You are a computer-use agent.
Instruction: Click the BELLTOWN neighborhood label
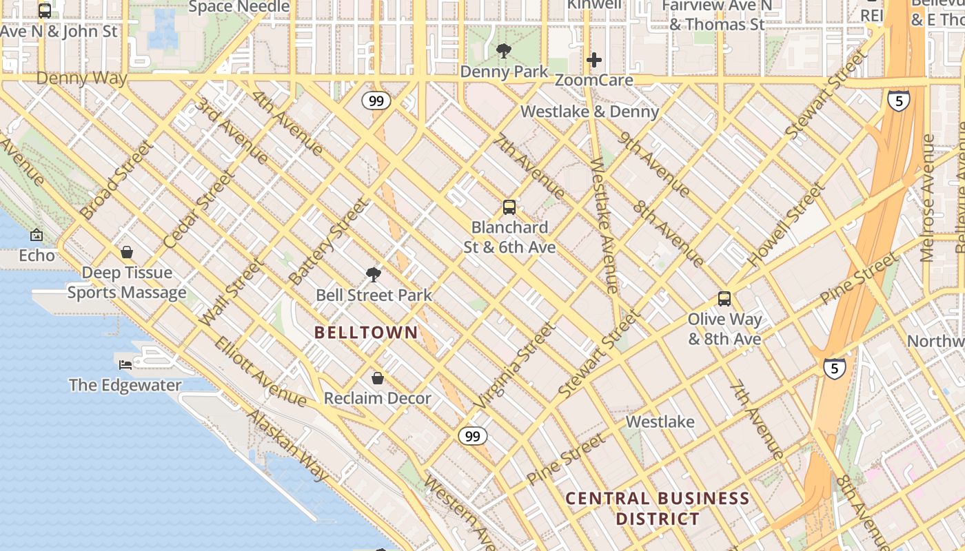tap(366, 333)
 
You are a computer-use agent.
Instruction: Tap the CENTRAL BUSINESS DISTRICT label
tap(658, 508)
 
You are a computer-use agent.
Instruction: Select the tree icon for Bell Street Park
tap(374, 275)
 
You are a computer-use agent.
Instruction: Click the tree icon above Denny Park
tap(504, 50)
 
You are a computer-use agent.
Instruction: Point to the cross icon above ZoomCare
tap(593, 60)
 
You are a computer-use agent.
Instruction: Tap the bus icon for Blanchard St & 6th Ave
tap(509, 207)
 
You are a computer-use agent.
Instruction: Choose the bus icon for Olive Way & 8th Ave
tap(724, 298)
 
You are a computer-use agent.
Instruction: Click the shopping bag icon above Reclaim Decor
tap(378, 378)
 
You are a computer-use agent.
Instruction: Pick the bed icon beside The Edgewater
tap(125, 364)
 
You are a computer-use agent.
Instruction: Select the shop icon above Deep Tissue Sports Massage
tap(127, 252)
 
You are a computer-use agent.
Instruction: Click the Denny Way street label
tap(81, 78)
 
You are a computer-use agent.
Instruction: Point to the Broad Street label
tap(116, 180)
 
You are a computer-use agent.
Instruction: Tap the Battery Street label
tap(329, 242)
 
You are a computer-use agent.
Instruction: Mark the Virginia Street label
tap(514, 366)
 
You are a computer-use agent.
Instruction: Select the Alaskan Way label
tap(287, 445)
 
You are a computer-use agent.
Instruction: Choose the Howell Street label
tap(786, 225)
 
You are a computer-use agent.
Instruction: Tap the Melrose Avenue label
tap(928, 198)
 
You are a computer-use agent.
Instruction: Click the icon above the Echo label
tap(37, 235)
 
